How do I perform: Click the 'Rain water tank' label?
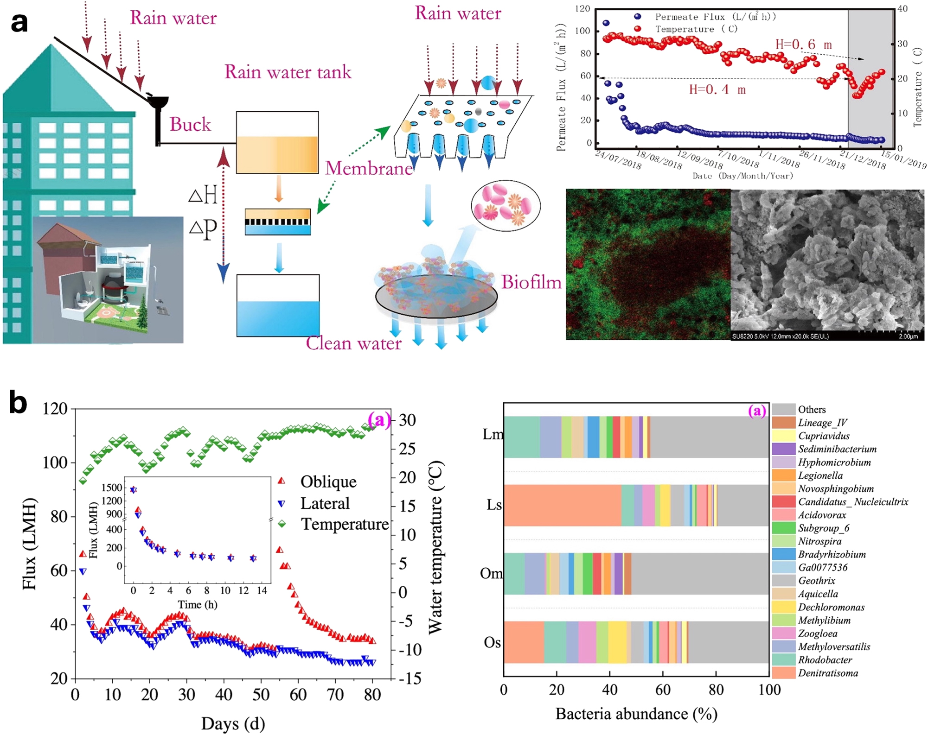288,72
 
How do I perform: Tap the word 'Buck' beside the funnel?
190,124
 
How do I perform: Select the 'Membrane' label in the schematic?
369,168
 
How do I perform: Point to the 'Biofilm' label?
531,282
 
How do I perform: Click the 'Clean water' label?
353,343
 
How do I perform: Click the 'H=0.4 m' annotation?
717,89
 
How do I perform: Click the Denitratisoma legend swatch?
784,672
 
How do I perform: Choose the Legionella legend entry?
819,475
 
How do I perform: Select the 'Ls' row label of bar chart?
494,505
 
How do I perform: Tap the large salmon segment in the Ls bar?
562,505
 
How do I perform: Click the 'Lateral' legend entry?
325,503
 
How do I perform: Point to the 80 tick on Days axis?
372,695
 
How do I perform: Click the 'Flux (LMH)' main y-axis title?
29,543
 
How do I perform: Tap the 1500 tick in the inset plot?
112,488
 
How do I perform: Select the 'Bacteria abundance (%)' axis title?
636,714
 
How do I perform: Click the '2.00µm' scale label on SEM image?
908,336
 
